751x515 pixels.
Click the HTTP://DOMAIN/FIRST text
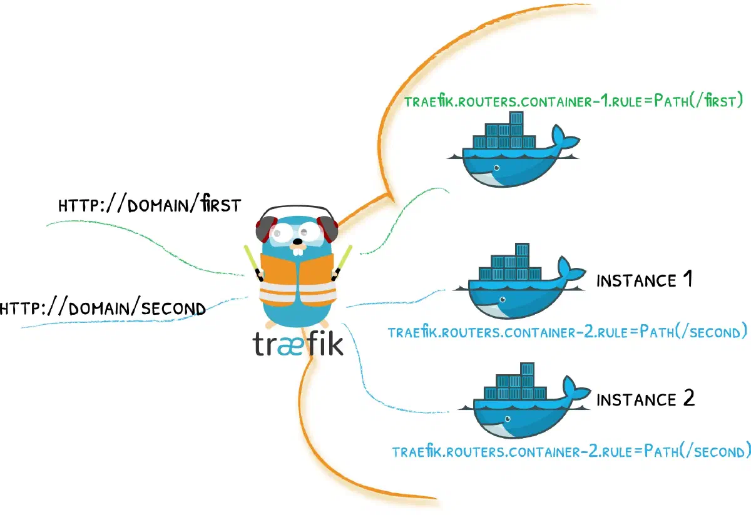tap(149, 205)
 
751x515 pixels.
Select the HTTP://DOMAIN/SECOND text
tap(103, 308)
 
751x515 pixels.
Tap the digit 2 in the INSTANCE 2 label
tap(688, 399)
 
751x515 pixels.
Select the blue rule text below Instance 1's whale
tap(567, 331)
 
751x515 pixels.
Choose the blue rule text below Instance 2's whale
tap(571, 451)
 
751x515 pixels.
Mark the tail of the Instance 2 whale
tap(574, 390)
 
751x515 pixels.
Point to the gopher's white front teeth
tap(300, 250)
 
